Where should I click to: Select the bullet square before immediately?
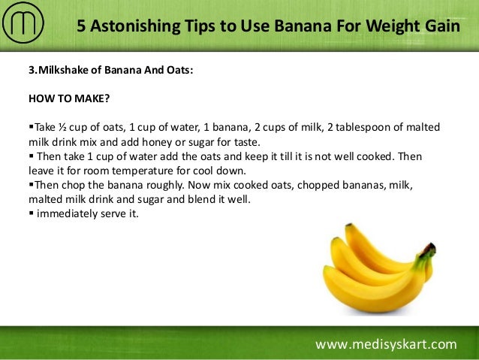30,213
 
